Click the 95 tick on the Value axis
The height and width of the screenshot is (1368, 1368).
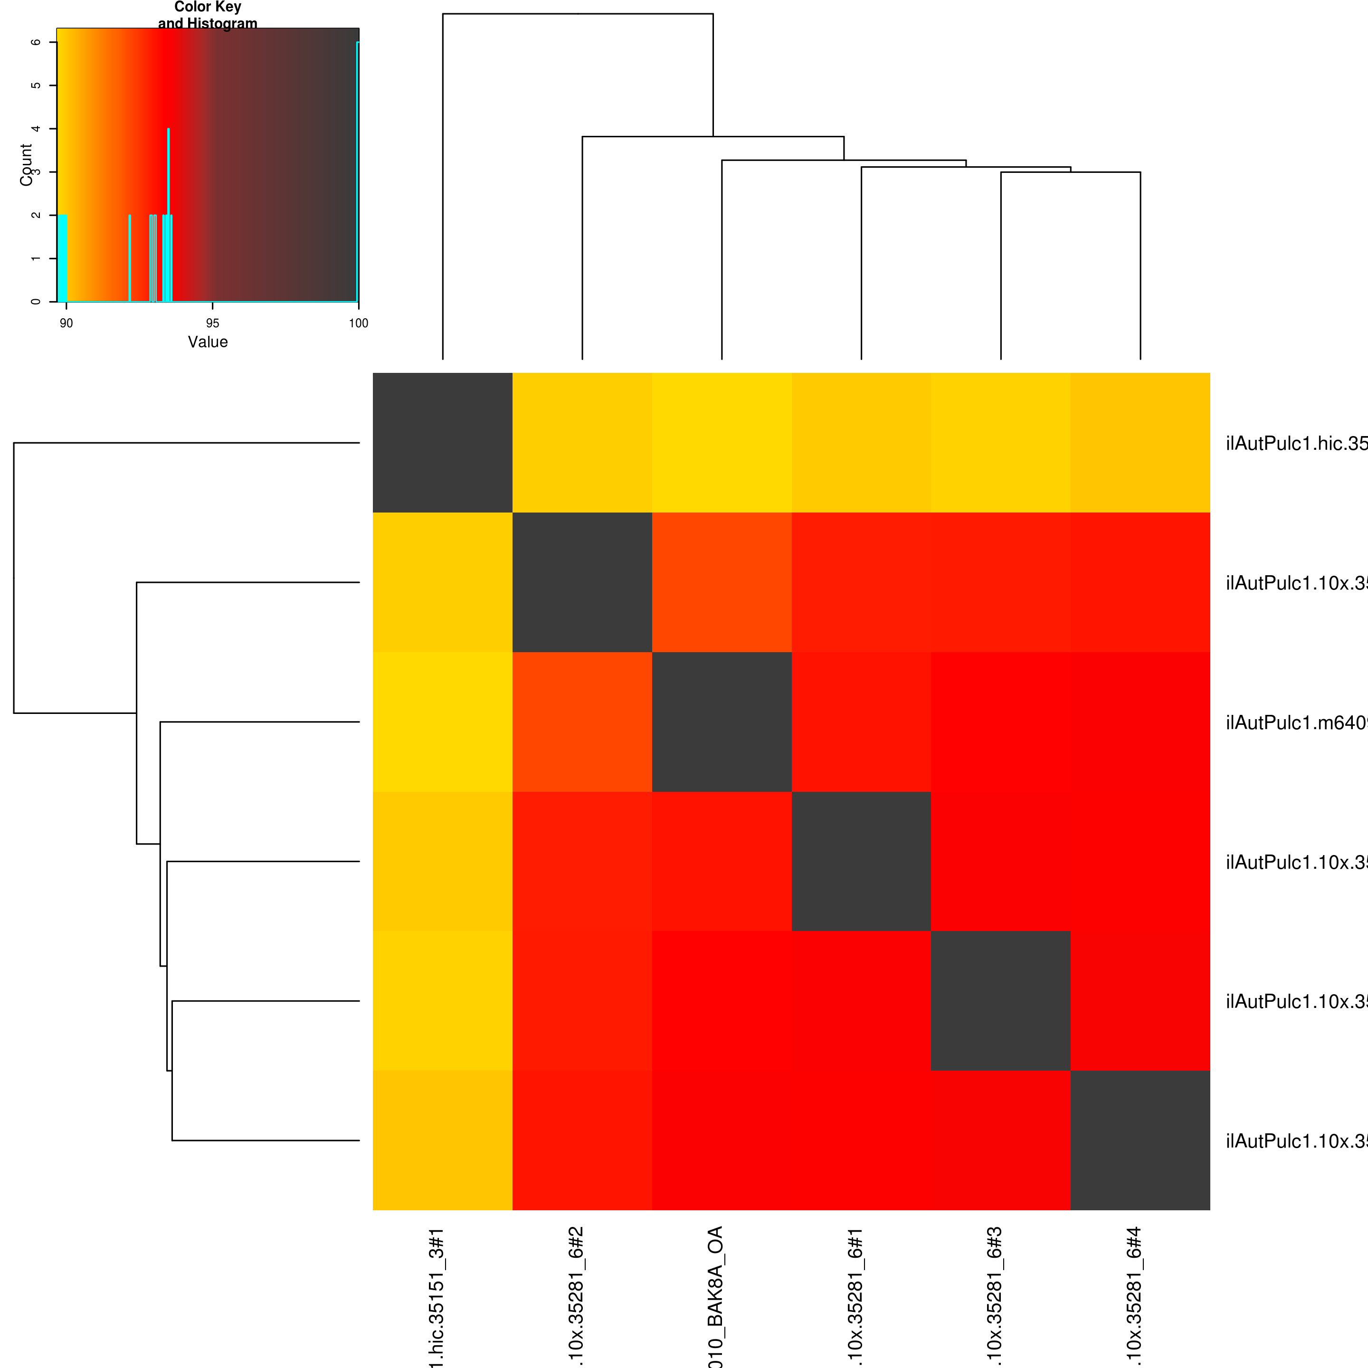click(212, 323)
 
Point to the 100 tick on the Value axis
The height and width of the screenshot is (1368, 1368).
click(358, 323)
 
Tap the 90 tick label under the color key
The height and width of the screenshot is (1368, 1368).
click(66, 323)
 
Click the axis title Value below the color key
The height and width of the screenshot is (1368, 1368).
click(208, 342)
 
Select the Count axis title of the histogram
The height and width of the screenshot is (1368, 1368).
click(26, 165)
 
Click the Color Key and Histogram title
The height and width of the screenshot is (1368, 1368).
click(208, 15)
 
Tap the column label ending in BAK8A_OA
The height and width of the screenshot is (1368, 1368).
click(716, 1296)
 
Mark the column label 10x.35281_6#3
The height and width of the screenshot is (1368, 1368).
click(995, 1296)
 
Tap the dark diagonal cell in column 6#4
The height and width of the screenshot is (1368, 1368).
click(1140, 1140)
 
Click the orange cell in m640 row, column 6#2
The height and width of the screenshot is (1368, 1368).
click(582, 722)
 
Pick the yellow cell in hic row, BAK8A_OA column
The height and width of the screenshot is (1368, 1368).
click(722, 443)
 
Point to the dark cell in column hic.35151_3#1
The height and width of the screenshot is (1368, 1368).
click(443, 443)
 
